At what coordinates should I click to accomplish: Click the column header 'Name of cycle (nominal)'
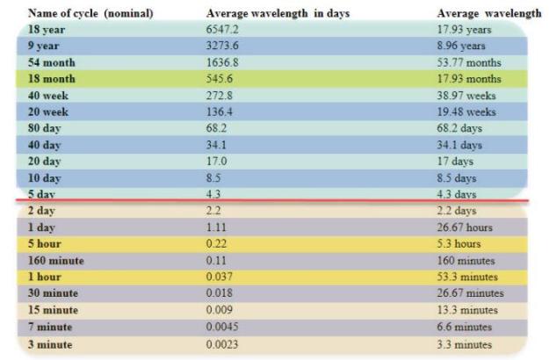90,14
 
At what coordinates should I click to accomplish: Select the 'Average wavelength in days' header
278,14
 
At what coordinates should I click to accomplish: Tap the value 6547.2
222,29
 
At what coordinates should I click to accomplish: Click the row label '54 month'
52,62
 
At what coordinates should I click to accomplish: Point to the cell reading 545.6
220,79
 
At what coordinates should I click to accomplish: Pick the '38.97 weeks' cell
466,96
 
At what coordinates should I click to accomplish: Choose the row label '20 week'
48,112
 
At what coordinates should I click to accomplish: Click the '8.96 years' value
461,46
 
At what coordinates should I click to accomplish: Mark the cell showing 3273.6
222,46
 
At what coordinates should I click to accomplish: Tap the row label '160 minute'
56,261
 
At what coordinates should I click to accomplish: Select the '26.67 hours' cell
465,227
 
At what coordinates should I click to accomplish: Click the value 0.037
220,277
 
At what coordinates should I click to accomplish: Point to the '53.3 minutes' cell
467,277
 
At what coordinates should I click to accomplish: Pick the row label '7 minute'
50,327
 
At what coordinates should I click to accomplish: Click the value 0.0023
222,344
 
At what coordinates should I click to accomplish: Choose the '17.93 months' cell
469,79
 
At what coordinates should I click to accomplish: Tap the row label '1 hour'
45,277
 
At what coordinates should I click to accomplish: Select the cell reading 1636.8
222,62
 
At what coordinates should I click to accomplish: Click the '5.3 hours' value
459,243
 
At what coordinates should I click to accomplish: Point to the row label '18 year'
47,29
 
